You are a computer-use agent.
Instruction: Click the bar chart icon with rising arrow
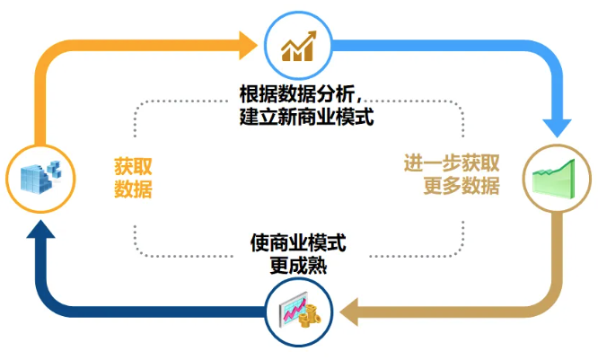click(299, 45)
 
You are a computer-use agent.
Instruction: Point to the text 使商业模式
click(300, 243)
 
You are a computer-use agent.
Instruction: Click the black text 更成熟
click(300, 266)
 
